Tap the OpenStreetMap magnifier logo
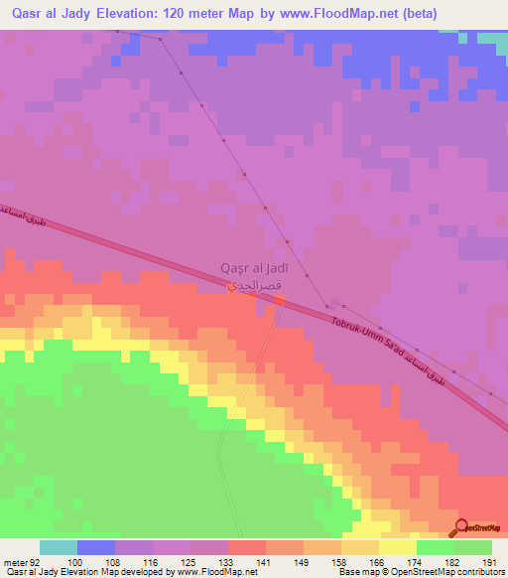[x=460, y=527]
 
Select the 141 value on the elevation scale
[x=266, y=562]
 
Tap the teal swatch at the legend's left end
[x=59, y=547]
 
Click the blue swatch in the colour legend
[x=96, y=547]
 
